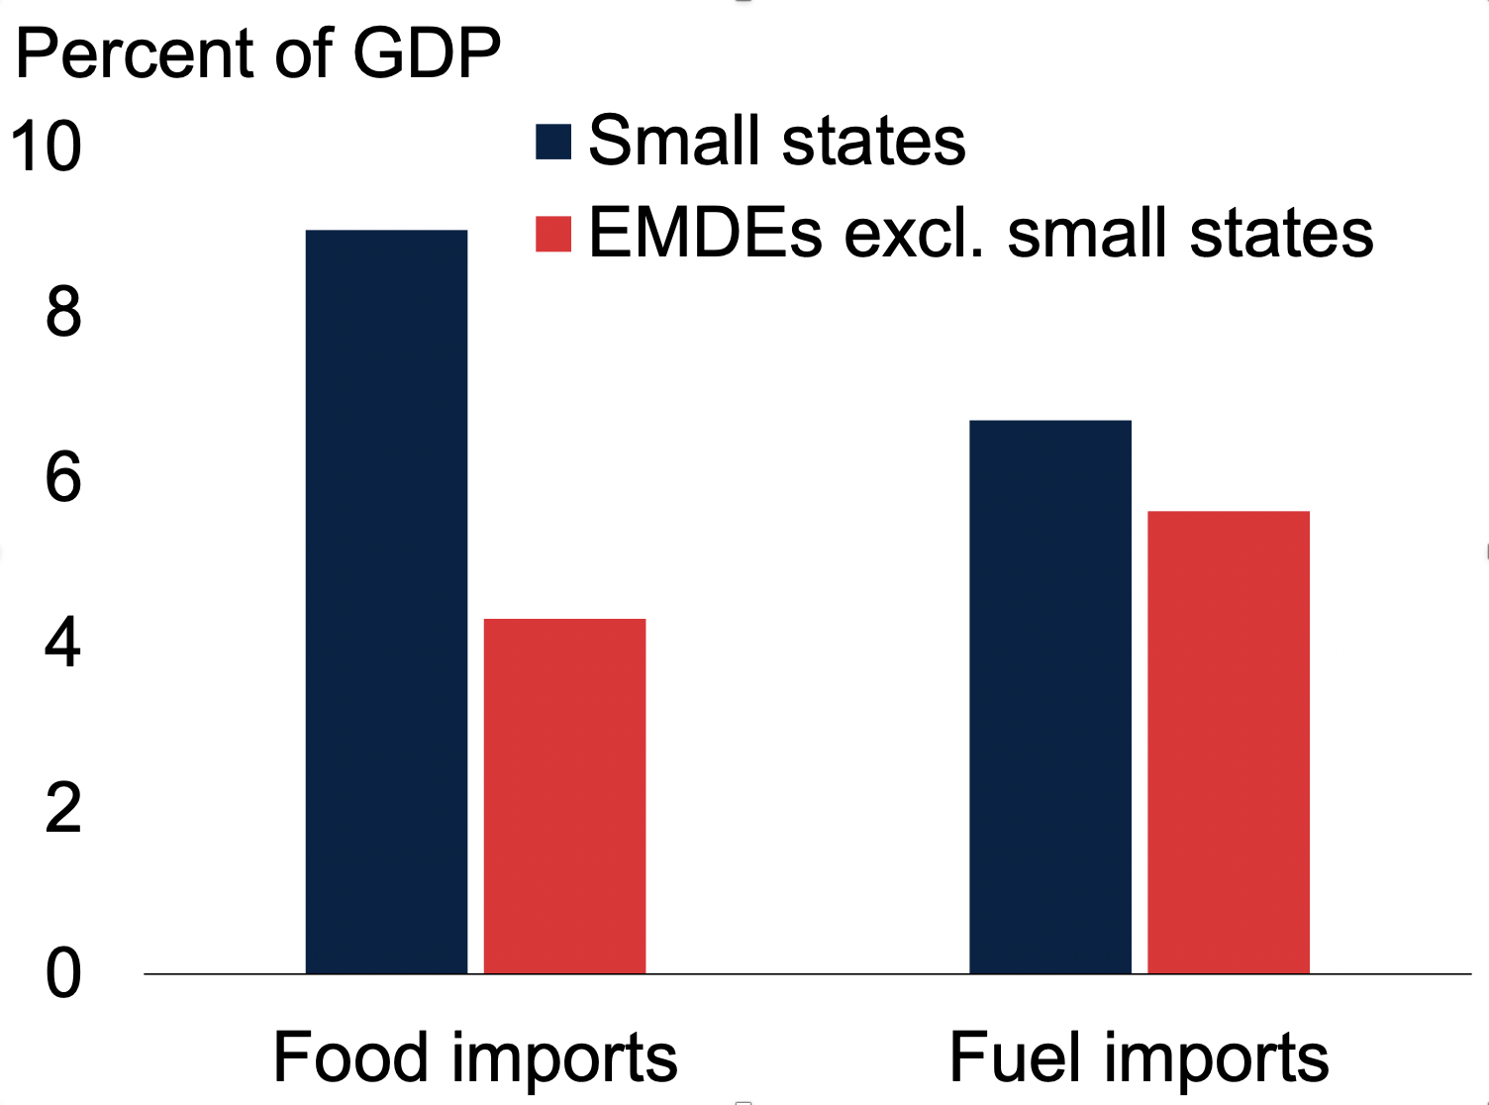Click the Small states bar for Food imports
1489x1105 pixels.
pyautogui.click(x=386, y=602)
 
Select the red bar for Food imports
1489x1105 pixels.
pyautogui.click(x=564, y=796)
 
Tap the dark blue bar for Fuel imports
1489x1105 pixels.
pyautogui.click(x=1050, y=697)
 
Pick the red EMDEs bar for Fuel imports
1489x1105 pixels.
pyautogui.click(x=1229, y=743)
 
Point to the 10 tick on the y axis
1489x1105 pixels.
pyautogui.click(x=46, y=147)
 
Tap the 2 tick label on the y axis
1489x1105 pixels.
pyautogui.click(x=63, y=808)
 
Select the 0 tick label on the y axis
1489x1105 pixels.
pyautogui.click(x=63, y=973)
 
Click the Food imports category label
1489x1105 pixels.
pyautogui.click(x=475, y=1057)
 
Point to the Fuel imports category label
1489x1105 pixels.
pyautogui.click(x=1139, y=1057)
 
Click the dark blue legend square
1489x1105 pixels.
pyautogui.click(x=553, y=142)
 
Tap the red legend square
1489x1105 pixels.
pyautogui.click(x=553, y=234)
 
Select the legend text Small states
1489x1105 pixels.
pyautogui.click(x=777, y=141)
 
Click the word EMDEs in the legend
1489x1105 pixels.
pyautogui.click(x=705, y=234)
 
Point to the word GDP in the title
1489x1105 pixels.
pyautogui.click(x=427, y=53)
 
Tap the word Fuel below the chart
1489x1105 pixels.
pyautogui.click(x=1015, y=1057)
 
